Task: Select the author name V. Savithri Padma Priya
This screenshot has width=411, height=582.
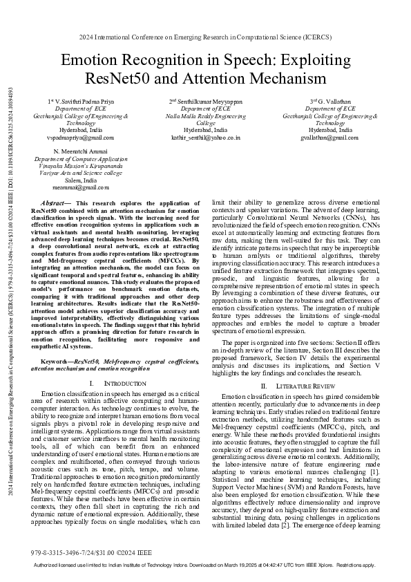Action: click(78, 101)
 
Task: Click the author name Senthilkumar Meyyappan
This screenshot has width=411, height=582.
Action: click(205, 101)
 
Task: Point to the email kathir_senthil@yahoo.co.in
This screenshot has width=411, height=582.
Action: click(205, 137)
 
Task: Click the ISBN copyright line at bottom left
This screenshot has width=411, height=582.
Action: click(82, 553)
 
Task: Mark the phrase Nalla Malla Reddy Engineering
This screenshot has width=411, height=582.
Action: click(205, 115)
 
